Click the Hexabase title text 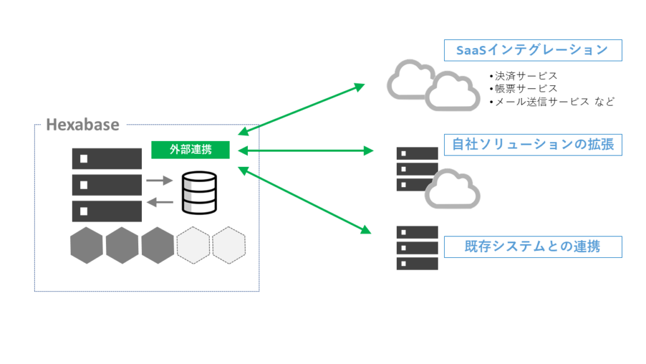[x=83, y=124]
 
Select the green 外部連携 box [x=191, y=150]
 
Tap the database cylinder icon [x=198, y=192]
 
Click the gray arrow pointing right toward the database [x=160, y=181]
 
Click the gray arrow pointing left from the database [x=160, y=202]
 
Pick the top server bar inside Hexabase [x=107, y=159]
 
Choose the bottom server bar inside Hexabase [x=107, y=210]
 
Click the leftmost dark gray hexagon [x=86, y=246]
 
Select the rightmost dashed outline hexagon [x=228, y=246]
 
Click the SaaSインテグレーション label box [x=533, y=51]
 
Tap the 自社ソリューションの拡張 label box [x=533, y=145]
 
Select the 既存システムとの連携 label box [x=533, y=246]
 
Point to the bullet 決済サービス [x=523, y=76]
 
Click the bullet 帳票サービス [x=523, y=88]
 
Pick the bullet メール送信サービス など [x=551, y=101]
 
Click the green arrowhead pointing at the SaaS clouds [x=360, y=87]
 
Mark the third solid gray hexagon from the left [x=157, y=246]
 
